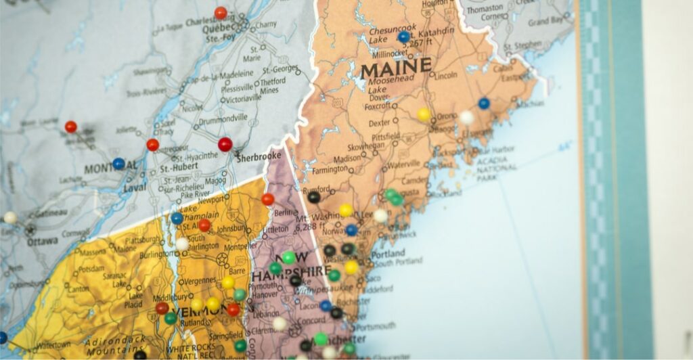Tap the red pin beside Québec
[x=221, y=13]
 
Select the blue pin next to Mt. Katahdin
[x=404, y=37]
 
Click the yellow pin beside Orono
[x=424, y=114]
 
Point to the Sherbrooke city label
[x=259, y=156]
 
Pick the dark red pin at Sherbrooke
[x=225, y=144]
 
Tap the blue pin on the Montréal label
[x=118, y=163]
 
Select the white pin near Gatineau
[x=10, y=217]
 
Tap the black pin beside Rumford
[x=313, y=197]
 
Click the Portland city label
[x=388, y=254]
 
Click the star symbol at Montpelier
[x=222, y=258]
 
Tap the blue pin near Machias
[x=483, y=104]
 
